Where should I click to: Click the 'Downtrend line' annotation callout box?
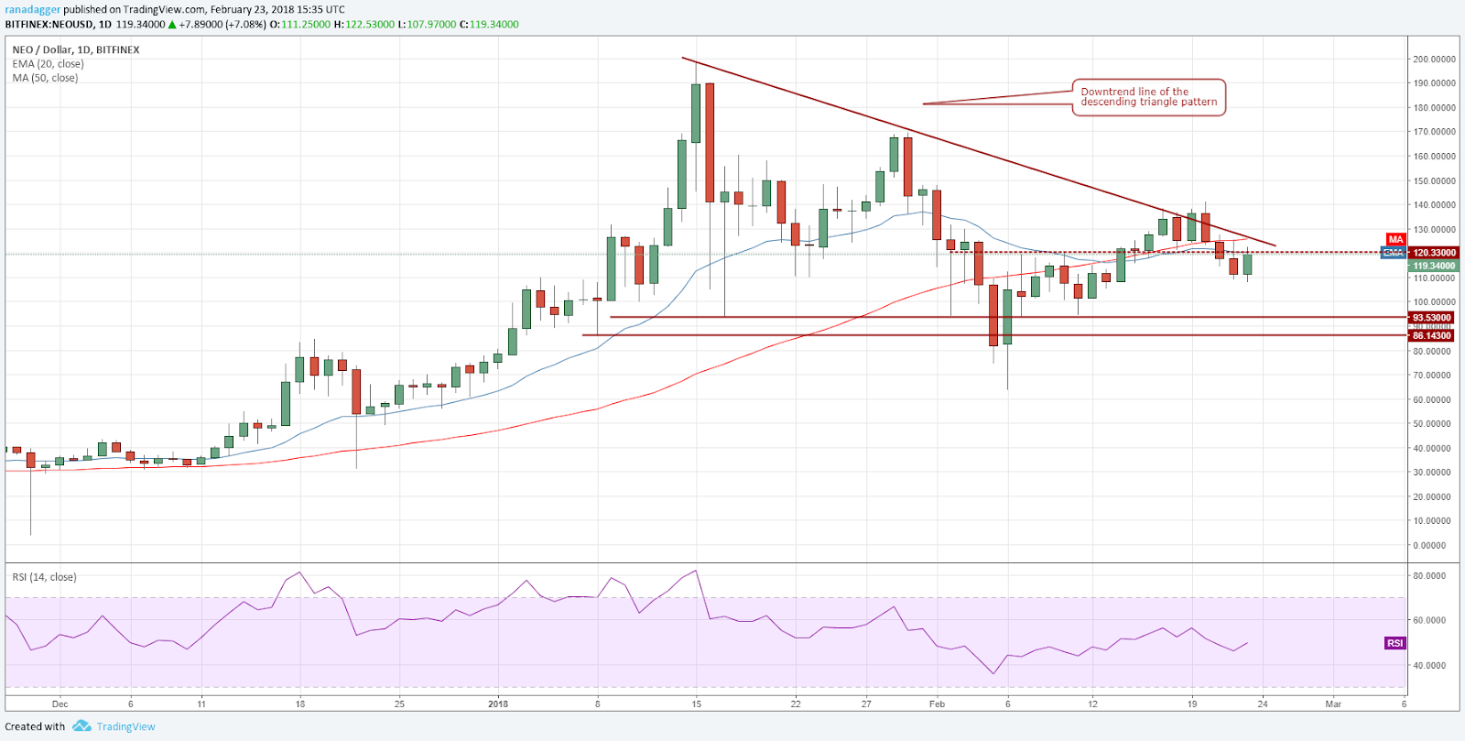pyautogui.click(x=1148, y=97)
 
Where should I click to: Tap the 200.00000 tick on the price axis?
pyautogui.click(x=1434, y=60)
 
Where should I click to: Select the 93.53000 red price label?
pyautogui.click(x=1432, y=318)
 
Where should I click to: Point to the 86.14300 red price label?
pyautogui.click(x=1432, y=336)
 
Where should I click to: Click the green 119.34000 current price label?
pyautogui.click(x=1434, y=266)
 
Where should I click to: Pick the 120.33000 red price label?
pyautogui.click(x=1434, y=253)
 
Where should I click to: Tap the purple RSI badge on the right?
pyautogui.click(x=1394, y=643)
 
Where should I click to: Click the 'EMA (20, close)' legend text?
pyautogui.click(x=48, y=64)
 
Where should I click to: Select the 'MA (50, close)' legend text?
pyautogui.click(x=45, y=78)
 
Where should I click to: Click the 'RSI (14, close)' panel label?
pyautogui.click(x=44, y=577)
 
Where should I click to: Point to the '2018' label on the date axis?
pyautogui.click(x=498, y=704)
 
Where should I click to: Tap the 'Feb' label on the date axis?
pyautogui.click(x=937, y=704)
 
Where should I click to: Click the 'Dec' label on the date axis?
pyautogui.click(x=60, y=704)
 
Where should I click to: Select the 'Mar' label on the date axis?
pyautogui.click(x=1333, y=704)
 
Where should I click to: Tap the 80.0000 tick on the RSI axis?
pyautogui.click(x=1429, y=576)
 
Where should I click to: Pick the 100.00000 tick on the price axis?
pyautogui.click(x=1434, y=302)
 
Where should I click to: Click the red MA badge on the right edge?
pyautogui.click(x=1395, y=240)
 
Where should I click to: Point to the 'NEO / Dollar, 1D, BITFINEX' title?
pyautogui.click(x=76, y=49)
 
